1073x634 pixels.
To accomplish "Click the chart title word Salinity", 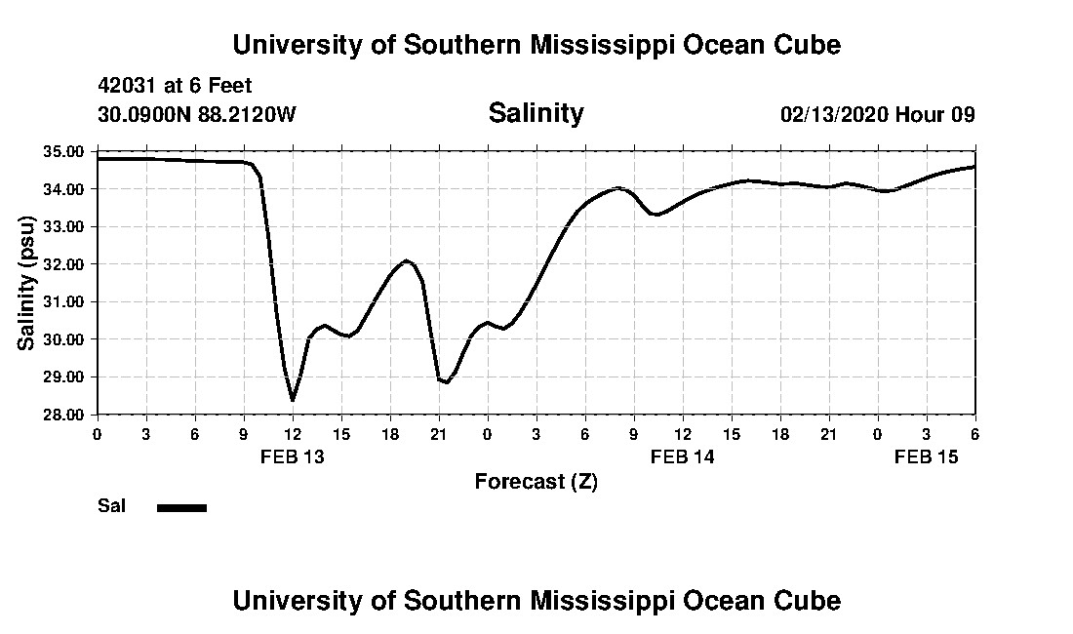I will tap(536, 113).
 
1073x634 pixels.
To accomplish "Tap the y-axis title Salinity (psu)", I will tap(26, 283).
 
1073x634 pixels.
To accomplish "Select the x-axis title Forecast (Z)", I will tap(536, 482).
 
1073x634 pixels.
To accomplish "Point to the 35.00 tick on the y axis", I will tap(63, 152).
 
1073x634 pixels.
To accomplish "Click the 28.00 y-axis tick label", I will tap(63, 415).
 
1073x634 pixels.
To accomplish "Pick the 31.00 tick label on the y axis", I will tap(63, 302).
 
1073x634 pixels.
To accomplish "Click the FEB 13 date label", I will tap(292, 456).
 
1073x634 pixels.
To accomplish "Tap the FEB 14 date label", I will tap(683, 456).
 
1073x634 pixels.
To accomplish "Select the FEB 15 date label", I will tap(927, 456).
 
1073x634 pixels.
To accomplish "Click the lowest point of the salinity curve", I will tap(292, 399).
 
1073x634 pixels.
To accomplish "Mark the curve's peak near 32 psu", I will tap(407, 260).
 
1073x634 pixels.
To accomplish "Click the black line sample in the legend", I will tap(181, 507).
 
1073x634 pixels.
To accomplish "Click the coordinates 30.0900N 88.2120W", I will tap(196, 115).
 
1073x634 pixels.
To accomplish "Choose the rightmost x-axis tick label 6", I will tap(974, 433).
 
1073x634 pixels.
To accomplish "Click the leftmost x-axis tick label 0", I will tap(97, 433).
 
